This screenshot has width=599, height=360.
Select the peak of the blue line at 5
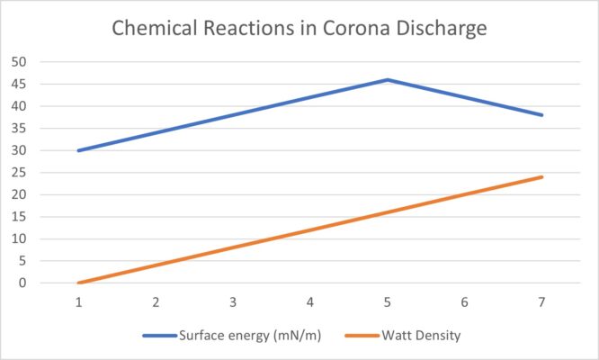(388, 79)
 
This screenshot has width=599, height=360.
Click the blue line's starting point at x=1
(79, 150)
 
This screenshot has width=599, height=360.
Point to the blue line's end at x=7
(542, 115)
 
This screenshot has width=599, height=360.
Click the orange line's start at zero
(79, 283)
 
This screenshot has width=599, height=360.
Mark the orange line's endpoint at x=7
(542, 176)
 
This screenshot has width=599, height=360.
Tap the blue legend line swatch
(163, 335)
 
